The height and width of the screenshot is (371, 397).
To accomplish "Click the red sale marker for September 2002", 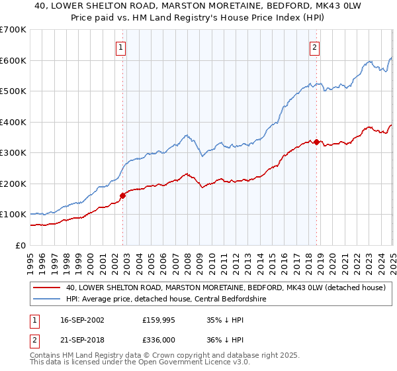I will click(x=123, y=195).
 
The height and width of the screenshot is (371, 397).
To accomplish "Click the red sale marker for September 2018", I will click(x=316, y=142).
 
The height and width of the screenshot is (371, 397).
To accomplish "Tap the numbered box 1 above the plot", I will click(x=122, y=47).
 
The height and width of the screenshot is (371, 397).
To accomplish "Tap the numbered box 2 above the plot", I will click(x=314, y=47).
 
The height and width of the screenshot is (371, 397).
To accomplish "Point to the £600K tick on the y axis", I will click(x=13, y=60).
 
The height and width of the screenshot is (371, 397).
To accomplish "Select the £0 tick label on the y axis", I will click(x=21, y=245).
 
